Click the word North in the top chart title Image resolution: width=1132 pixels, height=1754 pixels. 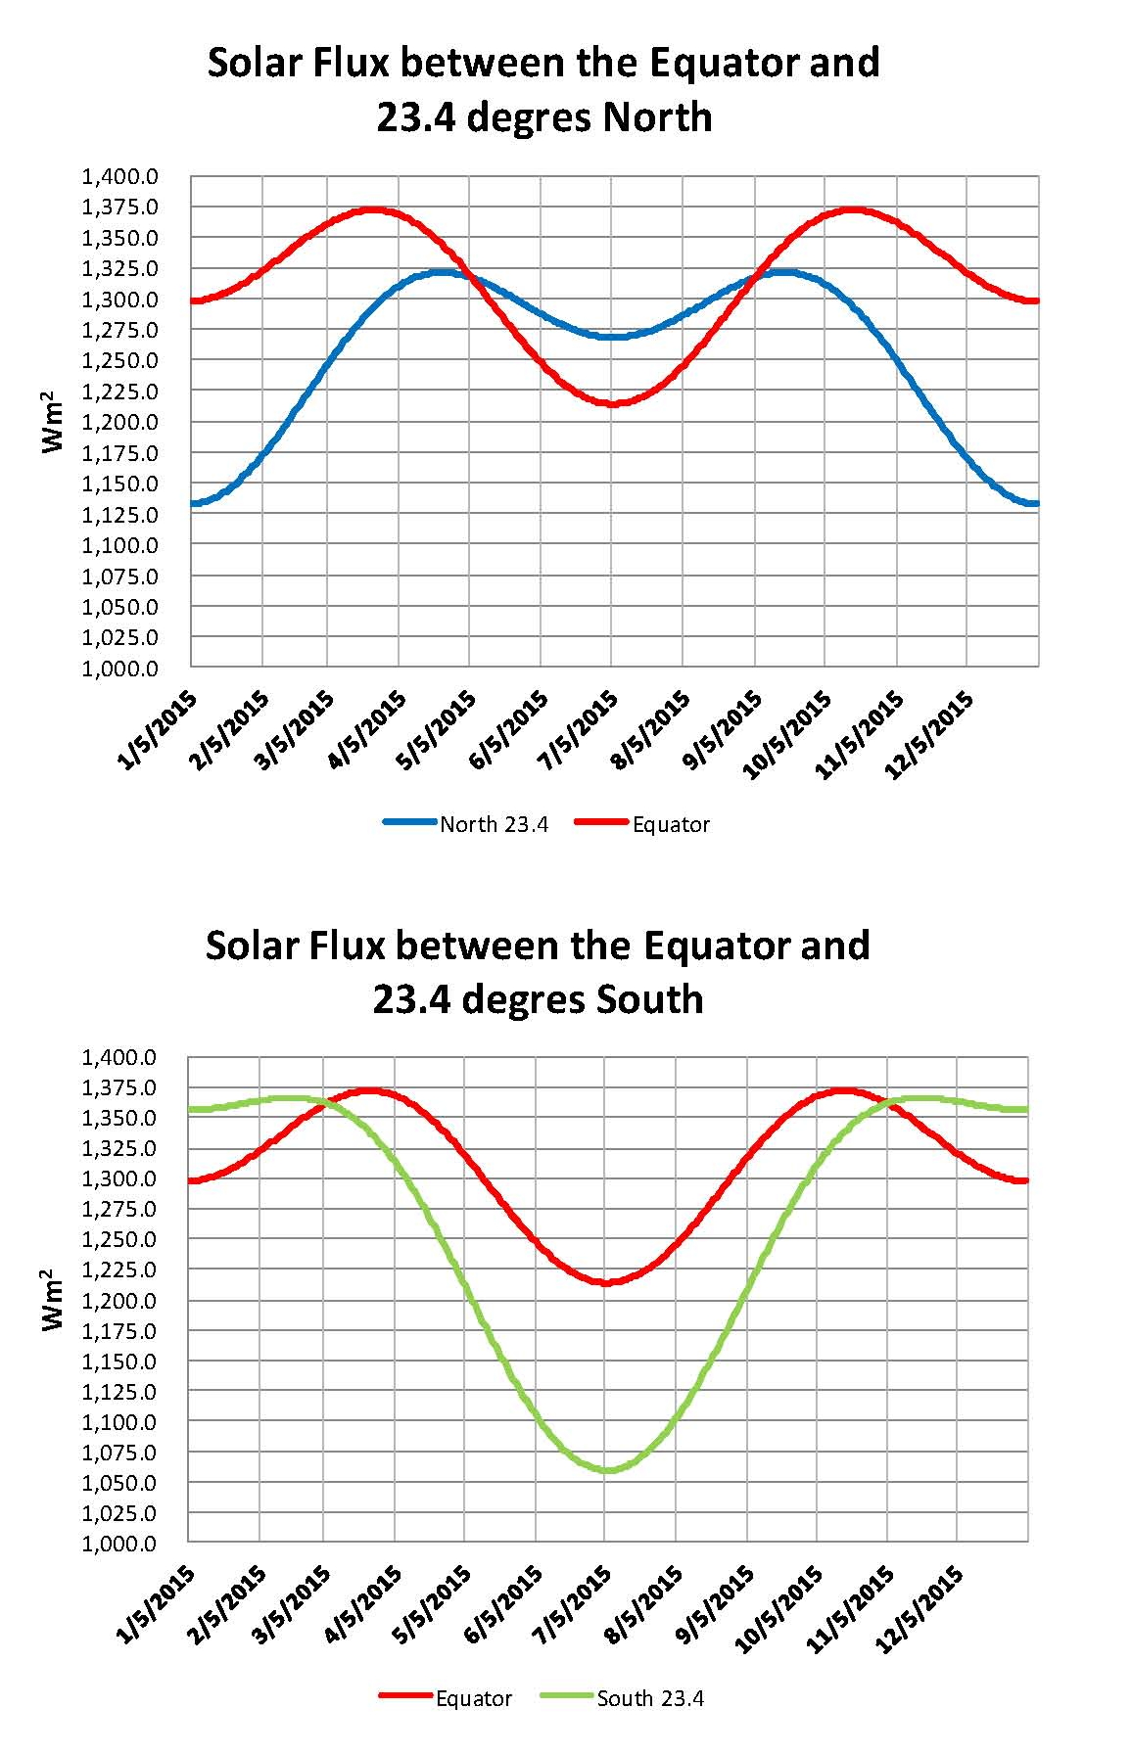[657, 117]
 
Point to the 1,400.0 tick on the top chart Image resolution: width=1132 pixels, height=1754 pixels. [119, 177]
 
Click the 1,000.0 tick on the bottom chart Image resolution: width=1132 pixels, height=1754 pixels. [119, 1544]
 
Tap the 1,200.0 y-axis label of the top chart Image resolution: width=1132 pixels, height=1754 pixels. [119, 422]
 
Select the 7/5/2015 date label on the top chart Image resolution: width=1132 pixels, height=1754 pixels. [580, 729]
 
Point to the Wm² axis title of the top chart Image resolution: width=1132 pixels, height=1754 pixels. [54, 422]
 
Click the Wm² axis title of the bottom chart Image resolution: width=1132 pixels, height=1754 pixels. [54, 1300]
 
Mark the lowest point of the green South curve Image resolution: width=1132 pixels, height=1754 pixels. [607, 1469]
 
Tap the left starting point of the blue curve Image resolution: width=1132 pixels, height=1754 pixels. [193, 503]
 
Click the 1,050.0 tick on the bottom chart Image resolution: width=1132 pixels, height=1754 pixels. [119, 1483]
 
